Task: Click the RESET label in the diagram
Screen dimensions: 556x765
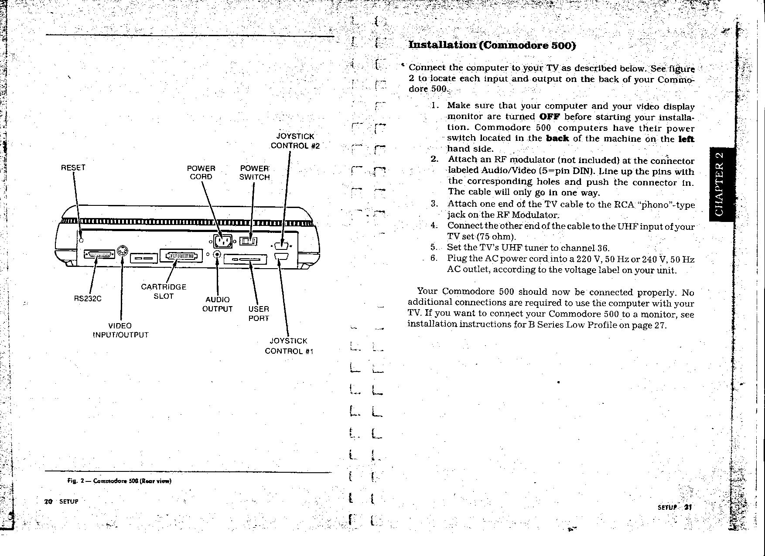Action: [x=73, y=168]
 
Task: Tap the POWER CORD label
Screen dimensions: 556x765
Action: [x=201, y=173]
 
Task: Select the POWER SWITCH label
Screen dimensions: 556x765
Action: [x=254, y=173]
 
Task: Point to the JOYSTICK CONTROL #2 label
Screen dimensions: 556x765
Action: [x=295, y=141]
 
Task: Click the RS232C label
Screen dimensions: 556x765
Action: [x=87, y=299]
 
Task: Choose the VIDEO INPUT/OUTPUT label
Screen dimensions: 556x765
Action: [x=120, y=331]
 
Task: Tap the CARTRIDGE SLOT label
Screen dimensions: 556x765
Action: [x=164, y=291]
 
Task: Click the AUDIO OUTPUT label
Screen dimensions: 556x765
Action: [x=217, y=304]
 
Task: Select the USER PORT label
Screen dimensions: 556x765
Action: [x=259, y=314]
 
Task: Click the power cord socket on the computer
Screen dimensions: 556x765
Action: [x=222, y=241]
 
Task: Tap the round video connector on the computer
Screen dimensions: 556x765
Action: [x=123, y=252]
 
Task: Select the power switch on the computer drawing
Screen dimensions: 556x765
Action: [x=249, y=241]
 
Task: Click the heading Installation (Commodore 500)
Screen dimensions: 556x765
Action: [x=492, y=45]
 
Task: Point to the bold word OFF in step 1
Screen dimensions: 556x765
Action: [x=549, y=117]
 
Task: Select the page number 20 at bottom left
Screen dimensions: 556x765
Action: [x=48, y=501]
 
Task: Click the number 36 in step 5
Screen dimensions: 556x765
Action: [x=603, y=249]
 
